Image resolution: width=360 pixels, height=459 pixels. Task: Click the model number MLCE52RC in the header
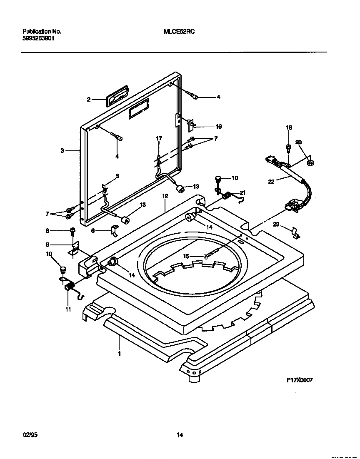point(179,31)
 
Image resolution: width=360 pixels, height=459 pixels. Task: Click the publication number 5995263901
point(38,38)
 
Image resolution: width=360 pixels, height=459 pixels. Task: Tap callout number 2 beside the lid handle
point(88,100)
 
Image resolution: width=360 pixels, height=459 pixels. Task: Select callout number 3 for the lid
point(62,151)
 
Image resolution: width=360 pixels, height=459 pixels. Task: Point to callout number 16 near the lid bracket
point(218,127)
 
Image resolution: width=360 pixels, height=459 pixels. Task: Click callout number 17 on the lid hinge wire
point(159,138)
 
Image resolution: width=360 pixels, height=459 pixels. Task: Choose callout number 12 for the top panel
point(165,196)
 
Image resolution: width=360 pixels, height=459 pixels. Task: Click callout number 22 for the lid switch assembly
point(271,182)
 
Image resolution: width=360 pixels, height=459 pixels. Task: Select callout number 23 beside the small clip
point(276,225)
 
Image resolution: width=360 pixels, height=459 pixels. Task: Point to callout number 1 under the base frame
point(120,354)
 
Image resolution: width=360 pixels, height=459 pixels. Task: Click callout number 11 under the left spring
point(68,309)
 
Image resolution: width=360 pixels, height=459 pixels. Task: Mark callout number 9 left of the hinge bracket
point(47,244)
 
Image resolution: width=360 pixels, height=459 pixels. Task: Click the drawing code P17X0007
point(299,380)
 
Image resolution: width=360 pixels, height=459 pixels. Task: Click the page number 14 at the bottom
point(180,435)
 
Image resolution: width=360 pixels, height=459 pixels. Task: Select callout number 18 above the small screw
point(289,127)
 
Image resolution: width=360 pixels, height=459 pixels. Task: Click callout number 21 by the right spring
point(242,192)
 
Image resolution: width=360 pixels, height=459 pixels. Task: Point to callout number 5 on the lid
point(117,176)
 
